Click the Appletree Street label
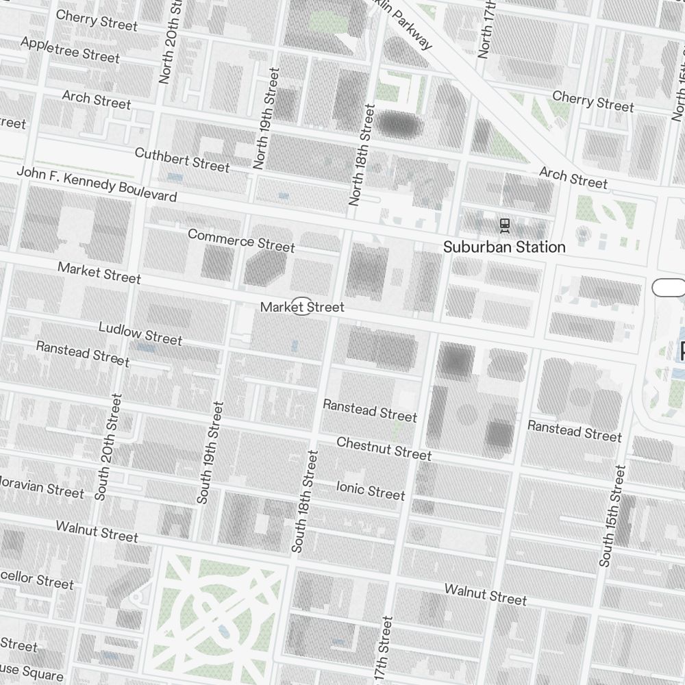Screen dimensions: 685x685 pos(70,49)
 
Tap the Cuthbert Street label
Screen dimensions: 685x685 pos(182,160)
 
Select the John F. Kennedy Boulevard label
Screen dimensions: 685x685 pos(97,185)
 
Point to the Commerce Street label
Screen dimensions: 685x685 pos(241,240)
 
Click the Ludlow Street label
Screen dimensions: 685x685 pos(140,334)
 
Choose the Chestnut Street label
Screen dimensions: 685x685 pos(384,449)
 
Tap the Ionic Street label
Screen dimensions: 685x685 pos(371,490)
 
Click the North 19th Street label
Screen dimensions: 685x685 pos(266,118)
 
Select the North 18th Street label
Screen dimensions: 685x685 pos(362,154)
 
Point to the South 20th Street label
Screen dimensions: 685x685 pos(109,447)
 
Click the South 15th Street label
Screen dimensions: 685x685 pos(612,516)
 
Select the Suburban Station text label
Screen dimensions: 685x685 pos(504,247)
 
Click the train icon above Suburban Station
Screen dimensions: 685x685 pos(505,224)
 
